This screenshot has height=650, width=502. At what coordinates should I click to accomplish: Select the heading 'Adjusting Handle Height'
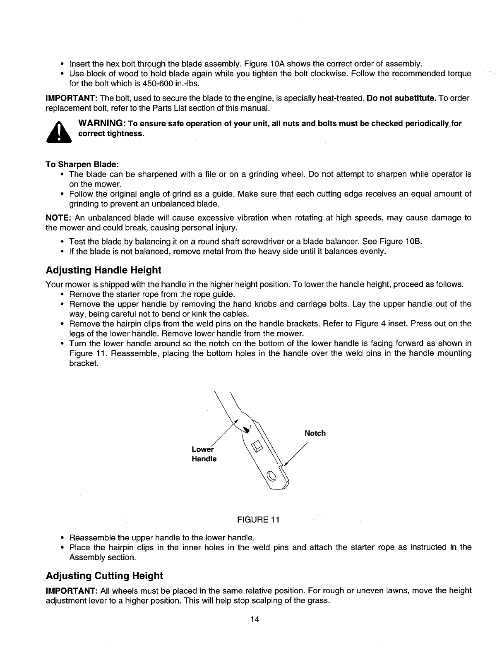coord(103,270)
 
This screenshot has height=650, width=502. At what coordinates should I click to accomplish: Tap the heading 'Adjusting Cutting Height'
coord(104,576)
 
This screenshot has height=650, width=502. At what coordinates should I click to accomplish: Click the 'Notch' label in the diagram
coord(315,433)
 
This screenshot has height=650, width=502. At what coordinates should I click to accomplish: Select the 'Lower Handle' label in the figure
coord(204,454)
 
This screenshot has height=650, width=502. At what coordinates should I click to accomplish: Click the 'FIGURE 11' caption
coord(258,520)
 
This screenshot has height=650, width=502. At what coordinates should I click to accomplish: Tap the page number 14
coord(255,619)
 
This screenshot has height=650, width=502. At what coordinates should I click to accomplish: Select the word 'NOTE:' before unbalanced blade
coord(59,218)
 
